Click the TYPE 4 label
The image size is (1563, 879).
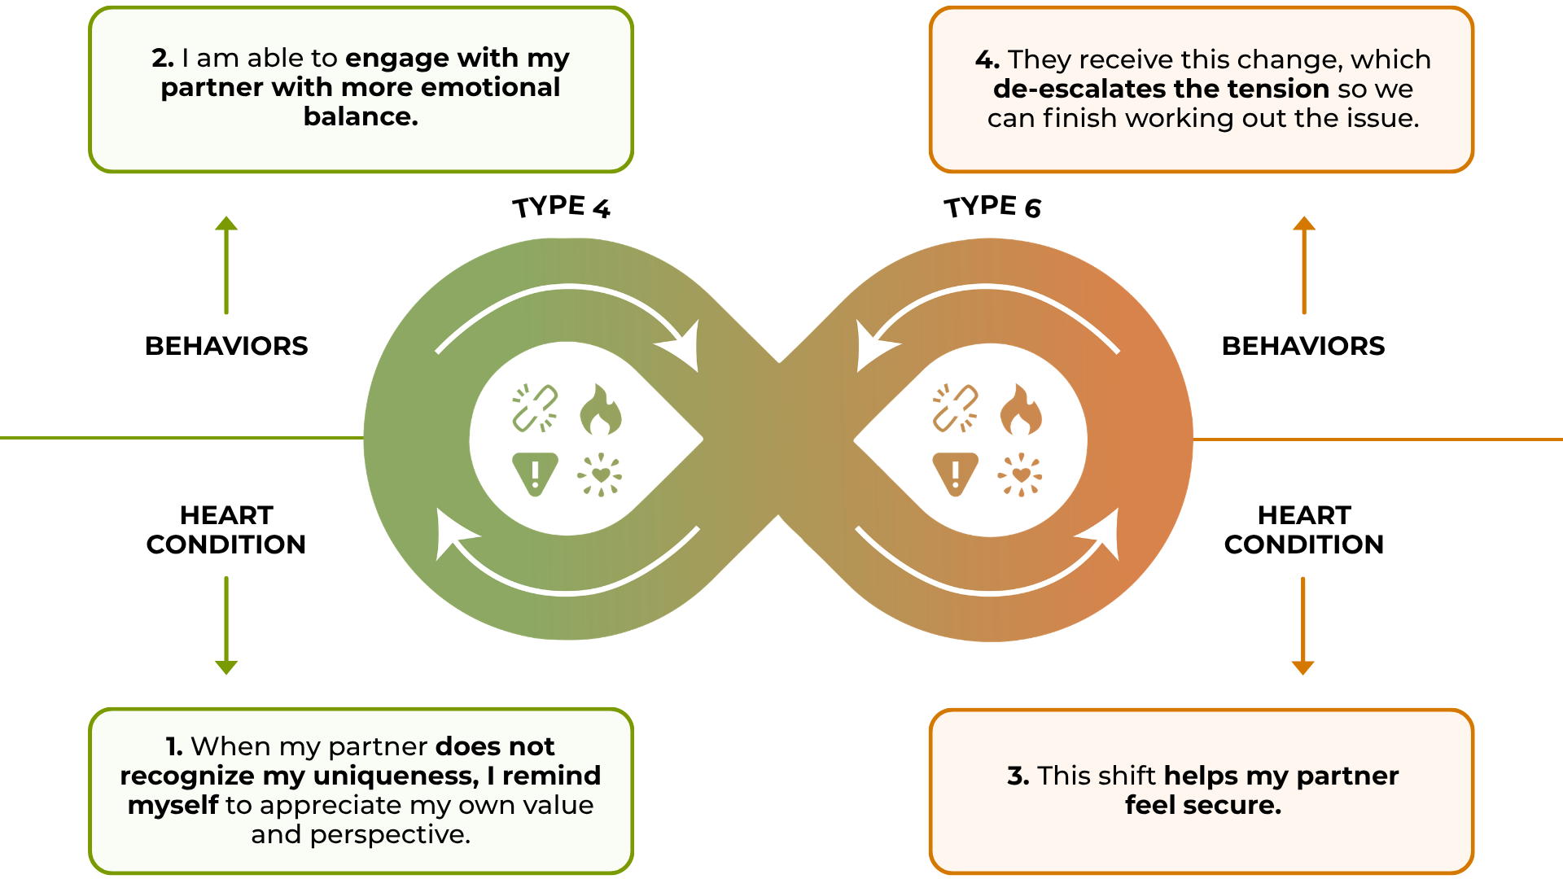click(x=561, y=207)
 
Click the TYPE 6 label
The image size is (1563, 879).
click(x=992, y=207)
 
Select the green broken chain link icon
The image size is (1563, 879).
click(x=535, y=408)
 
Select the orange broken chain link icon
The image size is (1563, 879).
click(x=955, y=408)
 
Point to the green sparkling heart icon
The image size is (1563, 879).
click(x=600, y=474)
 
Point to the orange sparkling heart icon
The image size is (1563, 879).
click(x=1020, y=474)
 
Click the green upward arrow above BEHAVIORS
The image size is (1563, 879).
click(x=226, y=265)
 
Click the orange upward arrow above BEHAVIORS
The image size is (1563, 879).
click(x=1304, y=265)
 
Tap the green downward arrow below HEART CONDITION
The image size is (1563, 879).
click(x=226, y=626)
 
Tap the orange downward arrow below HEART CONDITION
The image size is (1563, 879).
click(x=1303, y=626)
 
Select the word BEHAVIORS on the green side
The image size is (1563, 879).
click(x=226, y=346)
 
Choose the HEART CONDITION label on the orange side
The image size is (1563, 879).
click(x=1304, y=530)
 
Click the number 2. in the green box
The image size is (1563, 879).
click(x=163, y=59)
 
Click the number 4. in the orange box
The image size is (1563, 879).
click(x=987, y=59)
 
